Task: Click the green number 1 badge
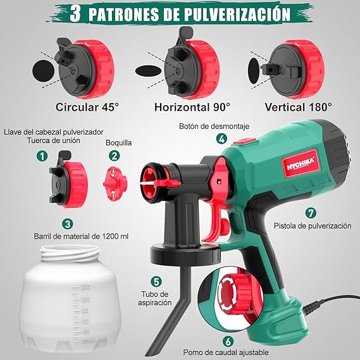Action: point(42,155)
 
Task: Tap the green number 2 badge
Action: point(114,155)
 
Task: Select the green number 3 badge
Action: point(67,223)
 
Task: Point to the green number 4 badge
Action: point(221,139)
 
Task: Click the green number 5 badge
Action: point(156,281)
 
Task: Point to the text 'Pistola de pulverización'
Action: point(312,226)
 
